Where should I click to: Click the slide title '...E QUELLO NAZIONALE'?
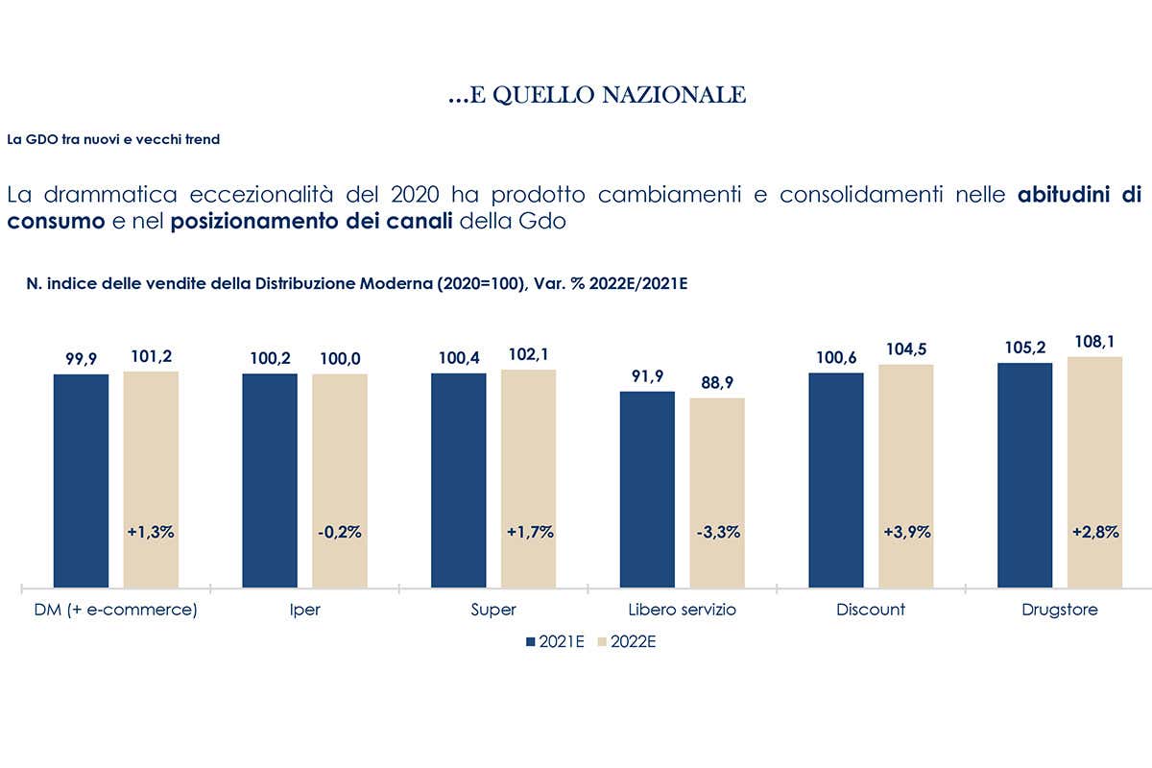click(597, 95)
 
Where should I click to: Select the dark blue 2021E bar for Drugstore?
click(1025, 475)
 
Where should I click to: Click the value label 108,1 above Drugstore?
click(1094, 342)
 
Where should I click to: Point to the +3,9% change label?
click(906, 532)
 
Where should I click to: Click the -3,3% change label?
click(717, 532)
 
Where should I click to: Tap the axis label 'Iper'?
click(304, 610)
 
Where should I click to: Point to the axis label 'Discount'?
click(871, 610)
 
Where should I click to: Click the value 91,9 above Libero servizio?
click(647, 376)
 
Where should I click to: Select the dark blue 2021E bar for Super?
click(458, 480)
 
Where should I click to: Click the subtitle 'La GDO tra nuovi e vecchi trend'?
click(113, 139)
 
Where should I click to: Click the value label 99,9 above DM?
click(81, 358)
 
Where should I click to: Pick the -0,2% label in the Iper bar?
click(339, 532)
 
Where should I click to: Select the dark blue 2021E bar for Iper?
click(270, 480)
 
